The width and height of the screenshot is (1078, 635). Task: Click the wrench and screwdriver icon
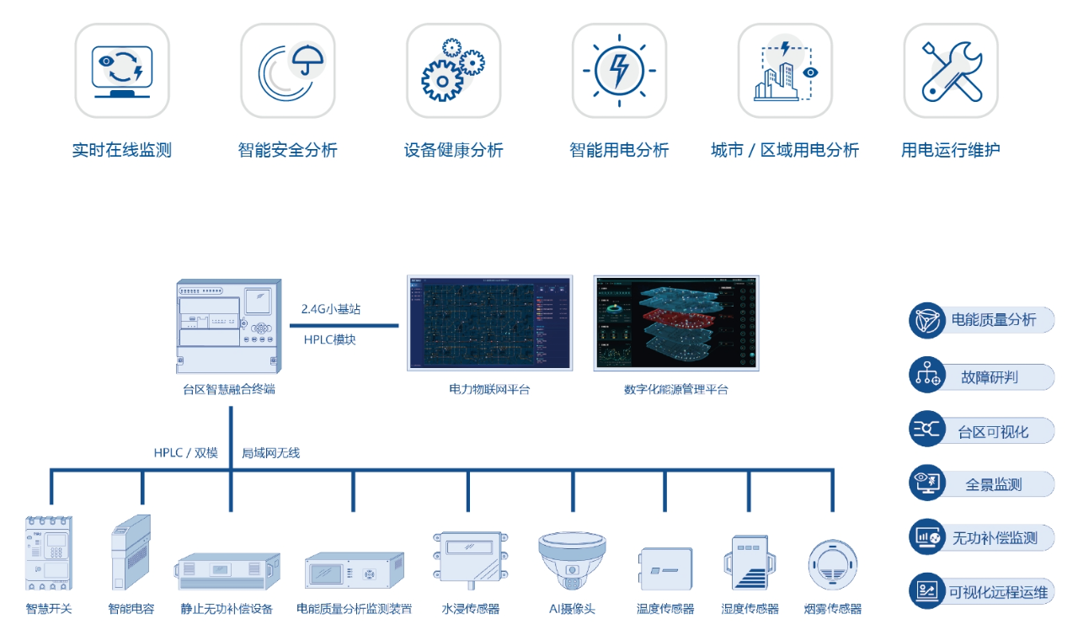tap(951, 71)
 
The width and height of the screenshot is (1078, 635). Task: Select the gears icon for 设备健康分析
tap(453, 71)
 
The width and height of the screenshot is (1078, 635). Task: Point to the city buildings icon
tap(785, 71)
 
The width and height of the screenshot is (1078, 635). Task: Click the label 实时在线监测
tap(122, 151)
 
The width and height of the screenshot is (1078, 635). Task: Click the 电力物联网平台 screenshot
tap(489, 323)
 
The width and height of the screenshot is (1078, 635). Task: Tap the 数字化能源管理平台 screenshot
tap(676, 323)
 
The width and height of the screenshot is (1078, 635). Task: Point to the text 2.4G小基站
tap(331, 309)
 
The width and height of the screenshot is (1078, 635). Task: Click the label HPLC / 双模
tap(185, 453)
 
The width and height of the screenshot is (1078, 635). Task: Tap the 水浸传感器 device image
tap(471, 557)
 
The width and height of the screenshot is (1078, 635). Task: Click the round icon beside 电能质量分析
tap(927, 321)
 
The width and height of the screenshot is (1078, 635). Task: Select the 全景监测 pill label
tap(994, 484)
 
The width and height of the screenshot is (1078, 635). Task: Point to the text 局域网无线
tap(270, 453)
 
